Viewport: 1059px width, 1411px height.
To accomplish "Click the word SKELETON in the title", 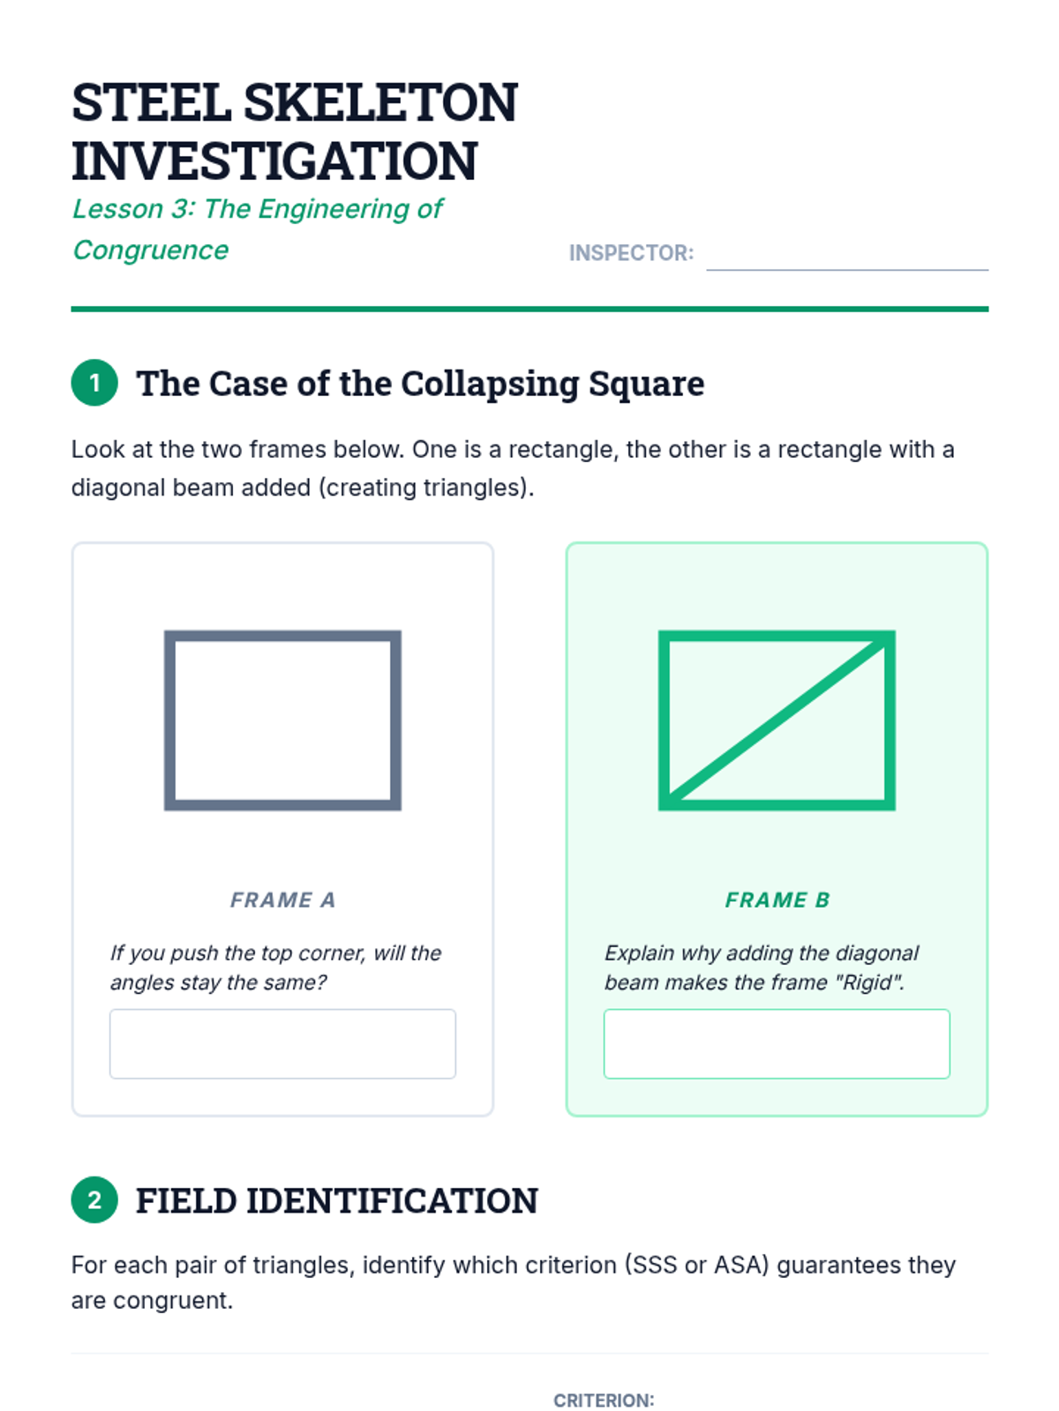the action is click(380, 103).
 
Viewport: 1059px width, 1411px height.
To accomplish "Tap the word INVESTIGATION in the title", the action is click(274, 161).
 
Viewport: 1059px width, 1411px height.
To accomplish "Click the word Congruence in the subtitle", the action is click(150, 250).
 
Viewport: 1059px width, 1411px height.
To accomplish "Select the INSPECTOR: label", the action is click(631, 252).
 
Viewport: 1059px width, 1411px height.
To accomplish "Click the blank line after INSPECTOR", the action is click(847, 269).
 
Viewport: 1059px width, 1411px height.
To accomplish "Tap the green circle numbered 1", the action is click(94, 383).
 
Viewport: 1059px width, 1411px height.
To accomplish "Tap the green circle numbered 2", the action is click(94, 1199).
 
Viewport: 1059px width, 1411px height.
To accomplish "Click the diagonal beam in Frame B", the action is click(777, 720).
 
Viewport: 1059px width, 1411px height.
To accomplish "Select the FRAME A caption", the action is click(283, 900).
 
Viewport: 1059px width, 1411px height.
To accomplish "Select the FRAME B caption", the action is click(777, 900).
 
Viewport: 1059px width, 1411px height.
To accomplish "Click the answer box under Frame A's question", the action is click(283, 1043).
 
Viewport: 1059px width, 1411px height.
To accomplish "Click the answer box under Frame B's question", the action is click(777, 1043).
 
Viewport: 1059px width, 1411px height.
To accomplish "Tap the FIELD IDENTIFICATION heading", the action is click(337, 1200).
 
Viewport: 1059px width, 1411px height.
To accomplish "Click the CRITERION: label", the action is click(604, 1400).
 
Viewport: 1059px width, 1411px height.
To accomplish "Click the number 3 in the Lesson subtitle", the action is click(182, 209).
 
